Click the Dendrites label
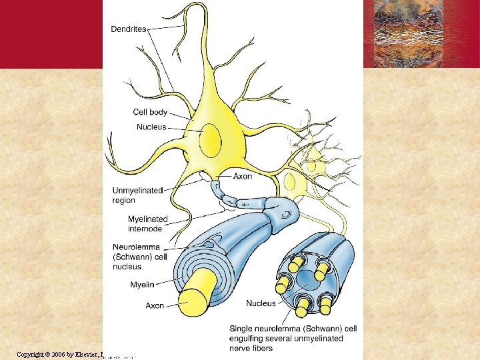pyautogui.click(x=129, y=29)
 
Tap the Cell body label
pyautogui.click(x=150, y=113)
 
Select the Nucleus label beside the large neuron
pyautogui.click(x=151, y=127)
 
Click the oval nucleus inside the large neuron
pyautogui.click(x=210, y=140)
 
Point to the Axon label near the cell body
pyautogui.click(x=243, y=177)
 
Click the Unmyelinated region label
pyautogui.click(x=137, y=195)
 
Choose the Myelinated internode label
pyautogui.click(x=148, y=224)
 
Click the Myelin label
pyautogui.click(x=142, y=285)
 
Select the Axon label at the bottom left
pyautogui.click(x=155, y=306)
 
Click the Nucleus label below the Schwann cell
pyautogui.click(x=261, y=303)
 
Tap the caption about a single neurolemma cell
pyautogui.click(x=293, y=338)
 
